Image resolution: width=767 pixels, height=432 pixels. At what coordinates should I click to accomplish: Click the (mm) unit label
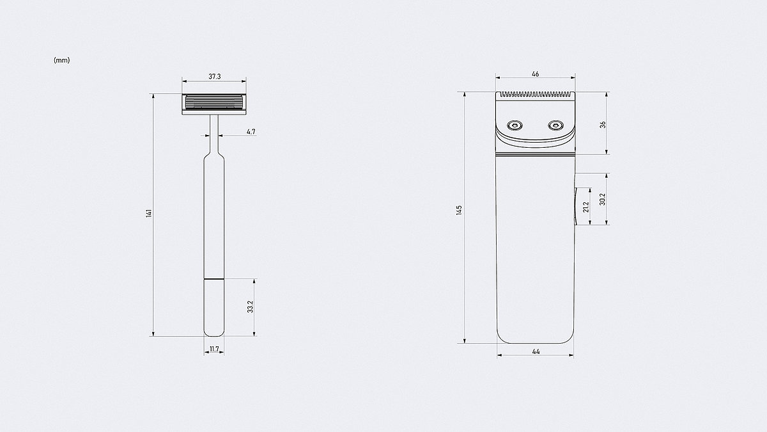point(61,60)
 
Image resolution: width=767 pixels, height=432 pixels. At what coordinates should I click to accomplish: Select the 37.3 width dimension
point(215,76)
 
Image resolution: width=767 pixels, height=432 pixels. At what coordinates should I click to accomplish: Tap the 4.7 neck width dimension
point(251,132)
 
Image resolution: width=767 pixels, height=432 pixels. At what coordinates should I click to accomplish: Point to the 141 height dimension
point(149,213)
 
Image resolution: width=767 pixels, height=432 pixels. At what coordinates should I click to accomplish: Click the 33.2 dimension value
point(251,307)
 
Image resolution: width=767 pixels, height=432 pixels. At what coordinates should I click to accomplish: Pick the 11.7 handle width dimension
point(214,349)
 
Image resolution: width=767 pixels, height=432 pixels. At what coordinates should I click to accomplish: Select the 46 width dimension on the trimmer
point(536,74)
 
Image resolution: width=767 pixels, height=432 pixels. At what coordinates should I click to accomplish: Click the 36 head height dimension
point(603,124)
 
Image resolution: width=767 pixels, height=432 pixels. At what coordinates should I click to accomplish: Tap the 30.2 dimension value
point(603,199)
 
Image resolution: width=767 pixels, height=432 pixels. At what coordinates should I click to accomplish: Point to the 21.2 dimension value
point(585,207)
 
